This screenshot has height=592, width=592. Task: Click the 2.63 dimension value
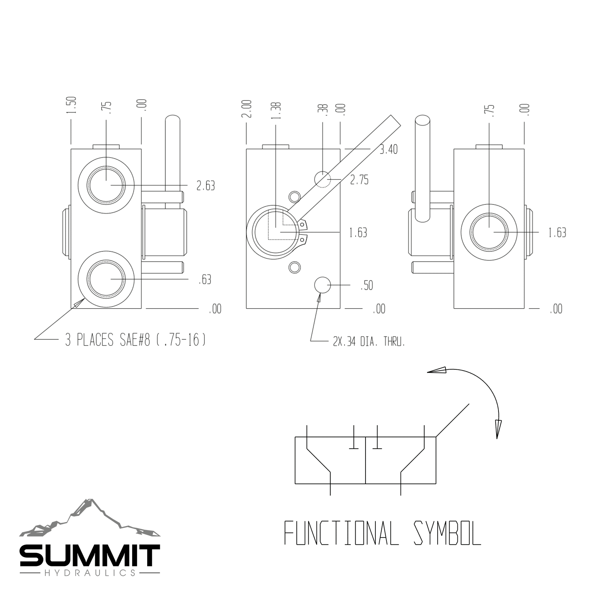pyautogui.click(x=206, y=185)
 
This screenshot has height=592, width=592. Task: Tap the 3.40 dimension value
pyautogui.click(x=388, y=150)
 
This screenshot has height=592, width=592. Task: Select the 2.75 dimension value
pyautogui.click(x=359, y=180)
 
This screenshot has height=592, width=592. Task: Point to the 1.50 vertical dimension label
pyautogui.click(x=71, y=105)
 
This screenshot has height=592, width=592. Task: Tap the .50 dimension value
pyautogui.click(x=366, y=285)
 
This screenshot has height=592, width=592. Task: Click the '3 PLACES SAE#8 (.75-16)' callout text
pyautogui.click(x=135, y=340)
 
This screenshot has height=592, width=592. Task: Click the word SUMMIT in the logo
pyautogui.click(x=90, y=556)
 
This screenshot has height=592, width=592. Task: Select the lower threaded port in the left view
pyautogui.click(x=106, y=279)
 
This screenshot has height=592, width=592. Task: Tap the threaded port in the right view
pyautogui.click(x=489, y=232)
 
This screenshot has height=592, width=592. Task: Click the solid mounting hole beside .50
pyautogui.click(x=322, y=285)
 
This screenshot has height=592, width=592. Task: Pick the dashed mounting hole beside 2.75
pyautogui.click(x=322, y=179)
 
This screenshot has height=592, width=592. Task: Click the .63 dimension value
pyautogui.click(x=205, y=280)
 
